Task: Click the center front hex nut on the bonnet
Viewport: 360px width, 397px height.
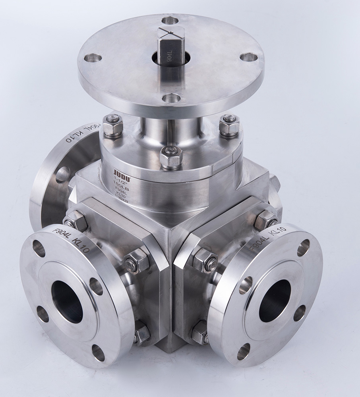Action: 171,156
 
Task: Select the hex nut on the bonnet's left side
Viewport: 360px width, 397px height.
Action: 113,126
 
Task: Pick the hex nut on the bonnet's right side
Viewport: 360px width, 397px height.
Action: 229,125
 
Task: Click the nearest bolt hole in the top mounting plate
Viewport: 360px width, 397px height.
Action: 171,98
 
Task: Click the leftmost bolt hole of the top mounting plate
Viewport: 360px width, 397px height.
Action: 93,58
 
